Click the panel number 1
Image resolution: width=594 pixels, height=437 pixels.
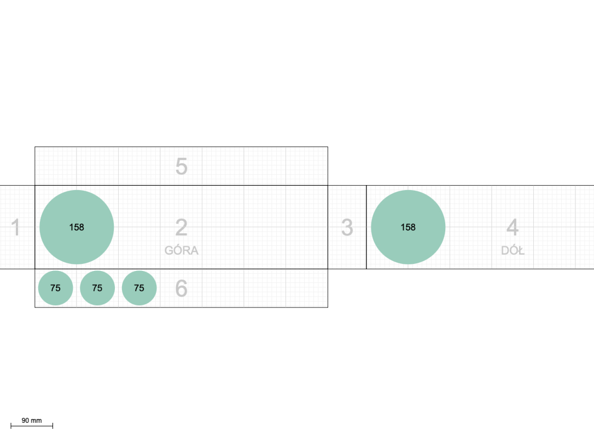(15, 227)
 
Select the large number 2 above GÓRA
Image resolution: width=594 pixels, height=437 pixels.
(182, 227)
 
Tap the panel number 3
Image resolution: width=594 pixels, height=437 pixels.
(347, 227)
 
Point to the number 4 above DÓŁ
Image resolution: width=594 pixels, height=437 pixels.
(513, 227)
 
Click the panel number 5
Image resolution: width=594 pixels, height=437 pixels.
(182, 167)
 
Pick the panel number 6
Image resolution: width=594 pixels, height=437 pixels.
(182, 288)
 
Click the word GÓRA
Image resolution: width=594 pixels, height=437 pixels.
(182, 251)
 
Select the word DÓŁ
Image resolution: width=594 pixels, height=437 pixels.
(513, 251)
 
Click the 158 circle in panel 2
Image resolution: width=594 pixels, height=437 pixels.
(77, 227)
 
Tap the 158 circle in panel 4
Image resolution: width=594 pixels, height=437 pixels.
(408, 227)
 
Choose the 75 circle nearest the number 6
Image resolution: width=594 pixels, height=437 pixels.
(139, 288)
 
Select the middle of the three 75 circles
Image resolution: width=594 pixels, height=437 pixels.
(97, 288)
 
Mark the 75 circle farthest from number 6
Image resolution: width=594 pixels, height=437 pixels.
(55, 288)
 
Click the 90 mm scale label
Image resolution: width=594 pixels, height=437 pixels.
(32, 421)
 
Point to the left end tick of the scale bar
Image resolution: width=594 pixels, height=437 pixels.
(11, 426)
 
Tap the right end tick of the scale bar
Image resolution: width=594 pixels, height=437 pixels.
(53, 426)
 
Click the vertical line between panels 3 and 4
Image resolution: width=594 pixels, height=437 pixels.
(366, 227)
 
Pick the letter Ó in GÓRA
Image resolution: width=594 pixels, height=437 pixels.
(177, 250)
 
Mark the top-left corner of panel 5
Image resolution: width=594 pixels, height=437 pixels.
(35, 147)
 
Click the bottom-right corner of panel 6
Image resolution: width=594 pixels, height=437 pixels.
(328, 307)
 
